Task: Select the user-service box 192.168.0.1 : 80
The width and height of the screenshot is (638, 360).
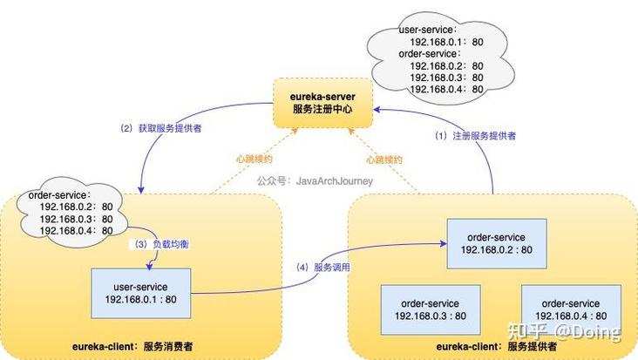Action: click(140, 293)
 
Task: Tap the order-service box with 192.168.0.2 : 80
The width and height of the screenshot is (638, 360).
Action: click(495, 243)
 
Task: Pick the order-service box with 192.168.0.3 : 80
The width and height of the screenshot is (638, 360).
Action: click(429, 309)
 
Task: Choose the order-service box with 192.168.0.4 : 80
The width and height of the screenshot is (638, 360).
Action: click(570, 309)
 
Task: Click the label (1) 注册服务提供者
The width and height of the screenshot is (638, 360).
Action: click(475, 136)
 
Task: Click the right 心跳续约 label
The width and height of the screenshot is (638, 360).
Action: click(383, 160)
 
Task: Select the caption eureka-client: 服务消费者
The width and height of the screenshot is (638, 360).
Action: click(132, 347)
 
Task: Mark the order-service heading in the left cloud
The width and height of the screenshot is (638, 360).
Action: click(59, 195)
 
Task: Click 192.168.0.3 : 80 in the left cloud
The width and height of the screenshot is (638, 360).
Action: click(77, 219)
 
